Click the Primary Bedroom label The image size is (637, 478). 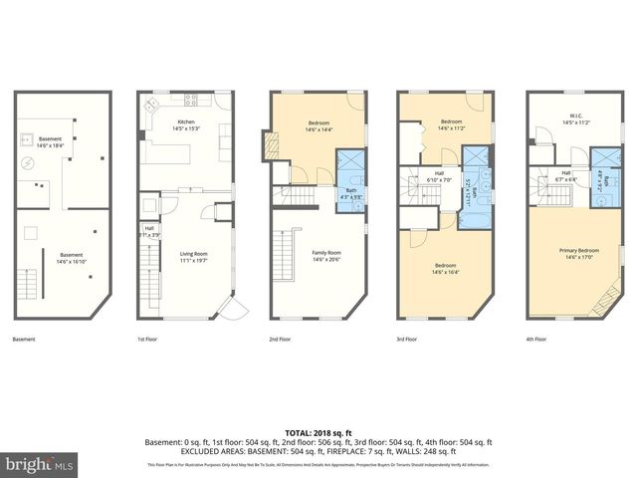click(x=574, y=253)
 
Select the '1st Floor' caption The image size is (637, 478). click(x=147, y=340)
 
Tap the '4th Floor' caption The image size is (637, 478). click(x=536, y=340)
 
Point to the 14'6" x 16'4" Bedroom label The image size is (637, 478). click(x=445, y=268)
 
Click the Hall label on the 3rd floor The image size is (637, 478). click(x=438, y=177)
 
